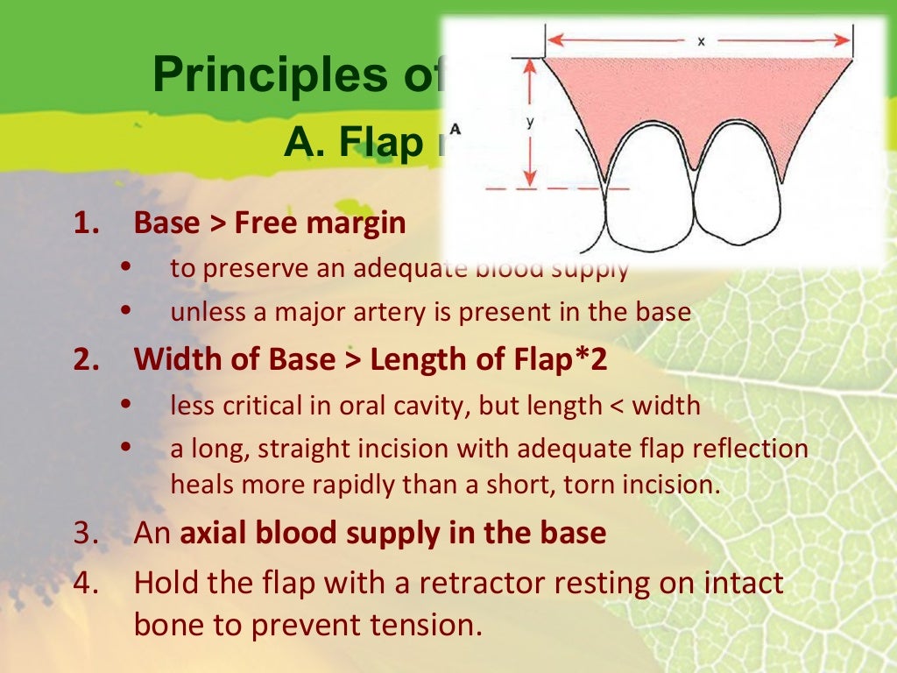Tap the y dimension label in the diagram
pyautogui.click(x=530, y=124)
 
